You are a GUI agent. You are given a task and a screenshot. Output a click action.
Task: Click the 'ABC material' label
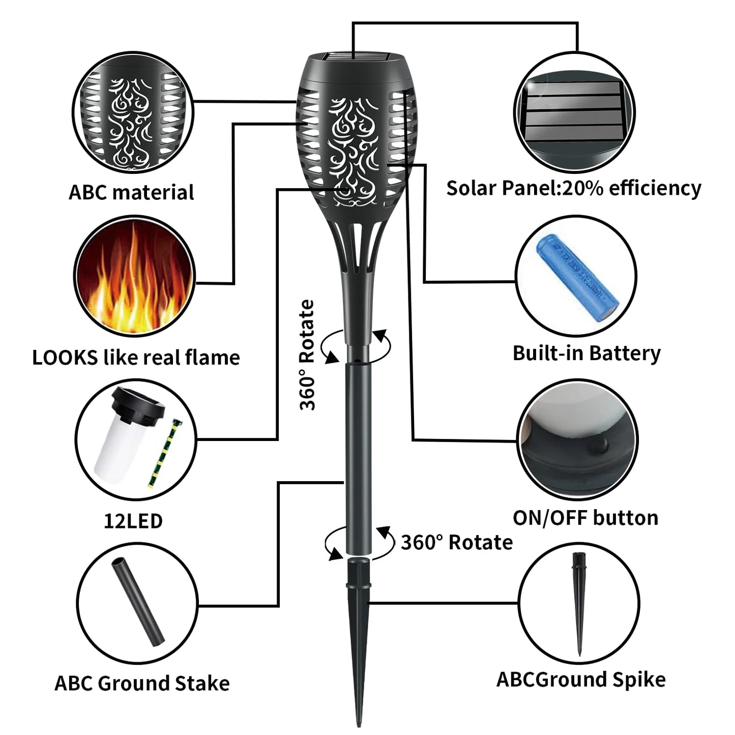click(131, 193)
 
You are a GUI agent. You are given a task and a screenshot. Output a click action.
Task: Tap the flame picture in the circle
click(135, 277)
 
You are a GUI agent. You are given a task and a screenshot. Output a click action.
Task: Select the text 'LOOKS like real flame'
click(136, 358)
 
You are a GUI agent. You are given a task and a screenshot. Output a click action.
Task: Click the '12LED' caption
click(133, 521)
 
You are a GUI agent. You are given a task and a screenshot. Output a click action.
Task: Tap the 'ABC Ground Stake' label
click(142, 683)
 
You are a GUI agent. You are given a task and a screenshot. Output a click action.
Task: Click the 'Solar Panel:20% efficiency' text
click(573, 188)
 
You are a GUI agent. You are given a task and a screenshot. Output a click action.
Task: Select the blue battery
click(577, 278)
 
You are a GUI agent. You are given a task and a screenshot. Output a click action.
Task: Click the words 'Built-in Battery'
click(586, 353)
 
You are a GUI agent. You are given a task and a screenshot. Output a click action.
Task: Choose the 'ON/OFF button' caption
click(585, 518)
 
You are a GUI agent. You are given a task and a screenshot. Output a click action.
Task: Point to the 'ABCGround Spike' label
click(581, 680)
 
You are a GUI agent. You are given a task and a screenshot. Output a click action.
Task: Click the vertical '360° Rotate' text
click(307, 355)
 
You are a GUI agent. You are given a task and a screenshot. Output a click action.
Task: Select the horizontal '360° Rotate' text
click(456, 543)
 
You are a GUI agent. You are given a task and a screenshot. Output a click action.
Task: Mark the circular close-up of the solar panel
click(574, 112)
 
